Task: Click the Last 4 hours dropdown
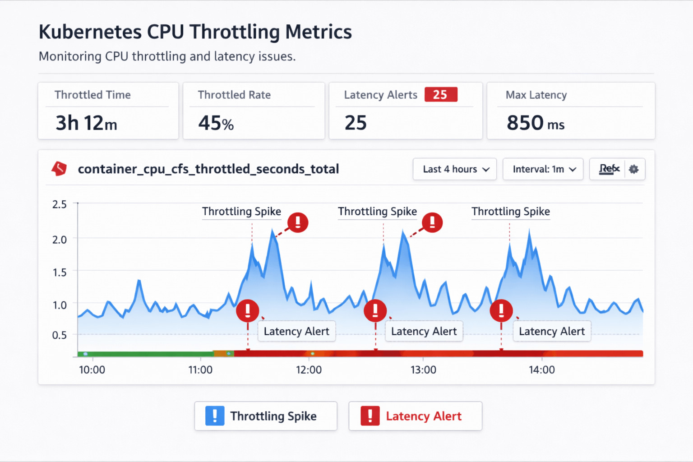(455, 169)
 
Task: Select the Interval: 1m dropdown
(543, 169)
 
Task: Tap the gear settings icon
(634, 169)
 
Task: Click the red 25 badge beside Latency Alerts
(441, 95)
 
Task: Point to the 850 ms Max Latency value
(535, 123)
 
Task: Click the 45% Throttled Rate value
(216, 123)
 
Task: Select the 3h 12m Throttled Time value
(86, 123)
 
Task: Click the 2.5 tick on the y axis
(60, 204)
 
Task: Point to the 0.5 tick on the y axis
(60, 335)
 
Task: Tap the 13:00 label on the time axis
(423, 370)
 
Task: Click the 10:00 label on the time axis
(92, 370)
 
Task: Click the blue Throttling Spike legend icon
(215, 416)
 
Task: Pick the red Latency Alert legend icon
(370, 416)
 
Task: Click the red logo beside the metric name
(59, 169)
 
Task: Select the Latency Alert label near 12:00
(296, 331)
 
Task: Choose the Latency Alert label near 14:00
(552, 331)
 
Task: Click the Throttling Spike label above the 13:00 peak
(377, 212)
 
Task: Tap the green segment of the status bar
(144, 354)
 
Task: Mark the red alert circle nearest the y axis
(248, 310)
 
